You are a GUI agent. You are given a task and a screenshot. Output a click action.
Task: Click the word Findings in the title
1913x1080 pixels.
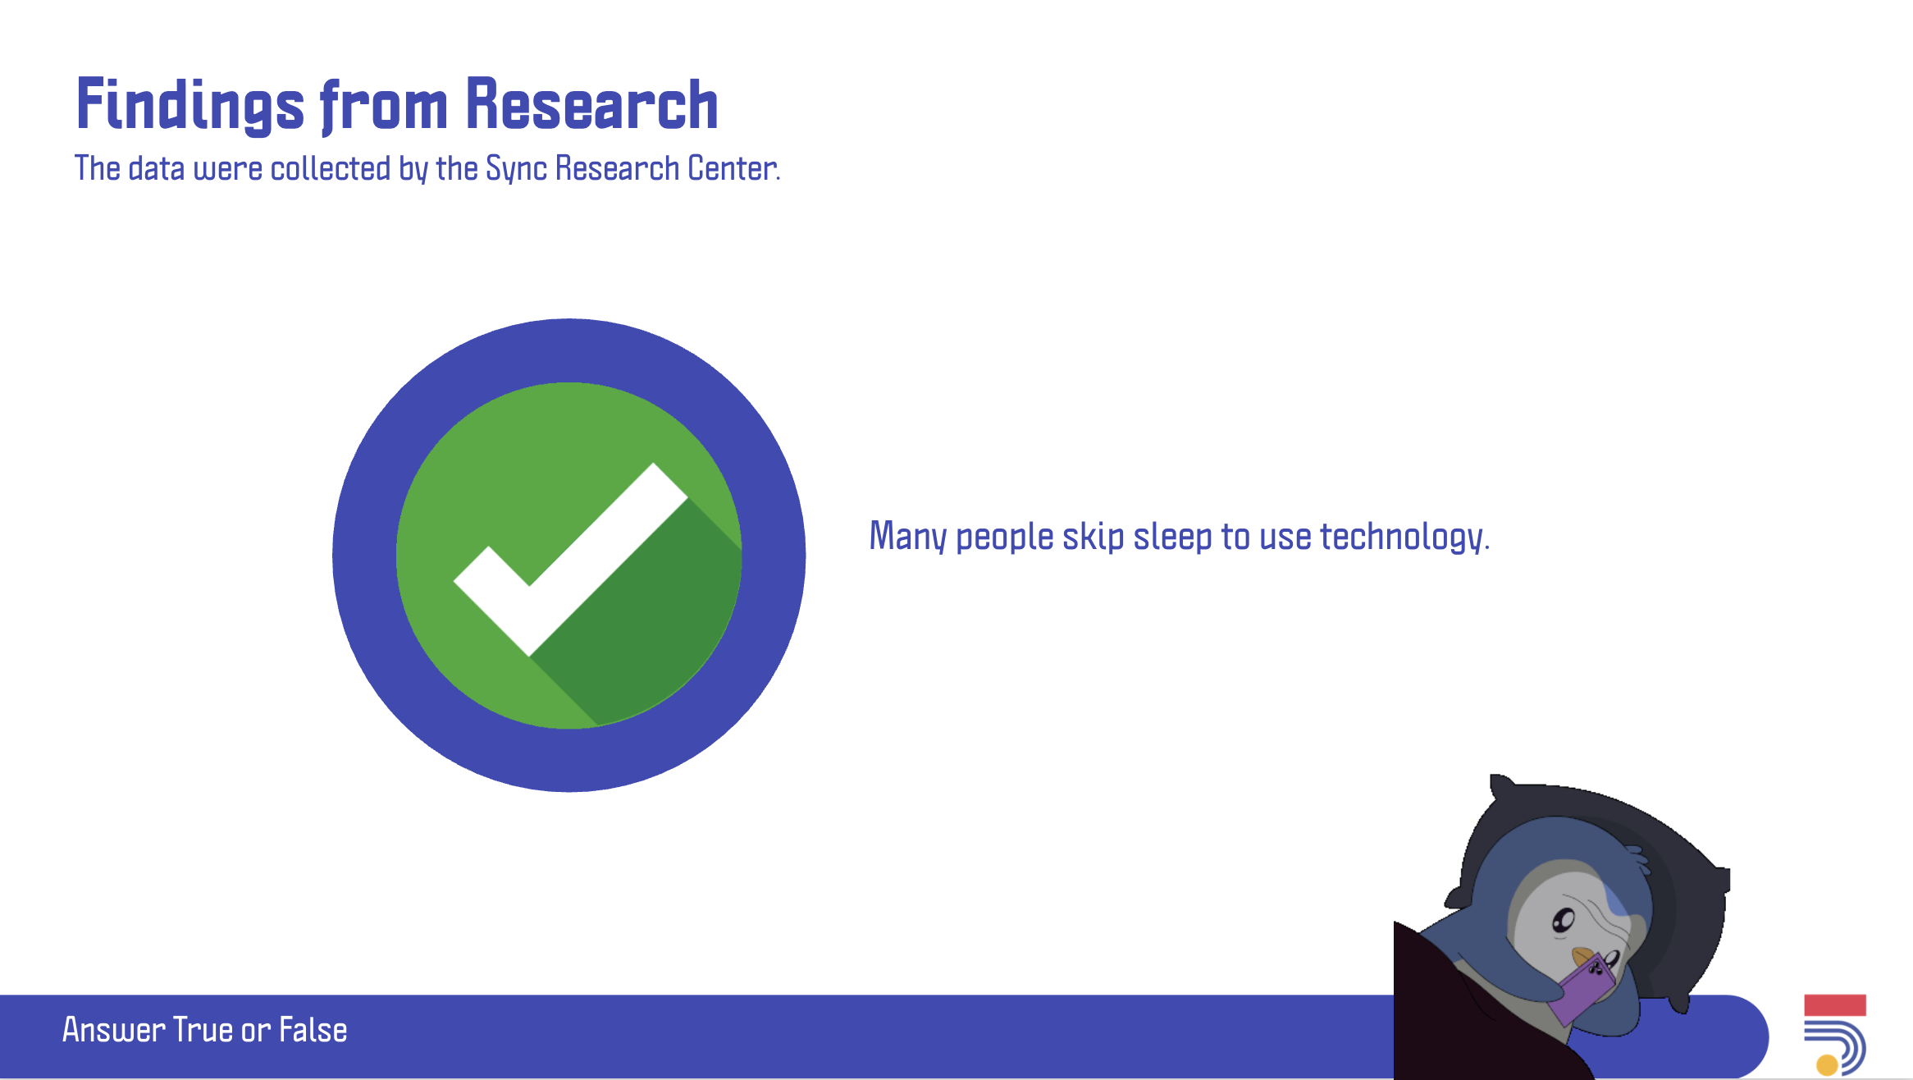[x=190, y=105]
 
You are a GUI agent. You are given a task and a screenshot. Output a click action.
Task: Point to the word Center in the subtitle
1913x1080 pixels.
[x=733, y=168]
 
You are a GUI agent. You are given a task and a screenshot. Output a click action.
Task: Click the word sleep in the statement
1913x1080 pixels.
[x=1172, y=538]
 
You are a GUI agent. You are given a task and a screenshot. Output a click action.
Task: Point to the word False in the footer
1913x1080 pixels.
[x=313, y=1030]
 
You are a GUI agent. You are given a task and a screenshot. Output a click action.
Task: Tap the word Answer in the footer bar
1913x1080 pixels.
[x=114, y=1030]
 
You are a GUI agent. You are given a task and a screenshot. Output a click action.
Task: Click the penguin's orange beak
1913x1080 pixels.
[x=1582, y=957]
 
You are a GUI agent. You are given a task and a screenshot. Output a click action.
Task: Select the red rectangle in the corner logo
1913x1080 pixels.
[x=1835, y=1005]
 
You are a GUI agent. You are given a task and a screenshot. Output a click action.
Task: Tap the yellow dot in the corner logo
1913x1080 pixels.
[x=1827, y=1065]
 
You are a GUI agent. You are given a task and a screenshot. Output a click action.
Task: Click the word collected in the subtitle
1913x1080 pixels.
[x=331, y=168]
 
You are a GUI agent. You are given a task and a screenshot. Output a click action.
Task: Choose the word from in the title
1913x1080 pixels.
[x=385, y=107]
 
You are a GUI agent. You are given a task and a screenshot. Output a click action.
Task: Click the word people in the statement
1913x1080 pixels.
[x=1005, y=538]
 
